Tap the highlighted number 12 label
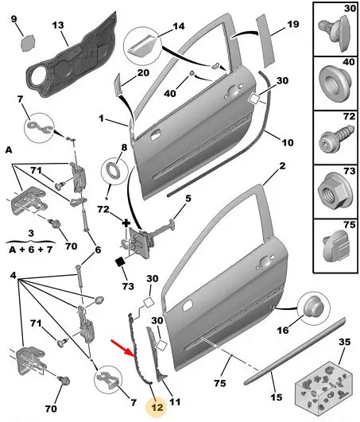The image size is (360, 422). [157, 408]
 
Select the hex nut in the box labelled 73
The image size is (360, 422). [333, 192]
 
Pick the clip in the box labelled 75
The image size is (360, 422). [336, 246]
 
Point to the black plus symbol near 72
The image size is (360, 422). [126, 223]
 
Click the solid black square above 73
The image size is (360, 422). [120, 261]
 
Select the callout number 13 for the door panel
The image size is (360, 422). [58, 25]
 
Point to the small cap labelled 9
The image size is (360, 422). [29, 44]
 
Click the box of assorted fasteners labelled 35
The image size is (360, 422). [323, 385]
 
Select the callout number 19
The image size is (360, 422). [293, 24]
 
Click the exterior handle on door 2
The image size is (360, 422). [264, 261]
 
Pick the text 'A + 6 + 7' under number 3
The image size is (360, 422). [31, 250]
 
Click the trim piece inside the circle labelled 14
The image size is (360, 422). [141, 46]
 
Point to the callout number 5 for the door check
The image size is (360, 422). [188, 199]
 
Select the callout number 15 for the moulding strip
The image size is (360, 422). [277, 397]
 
